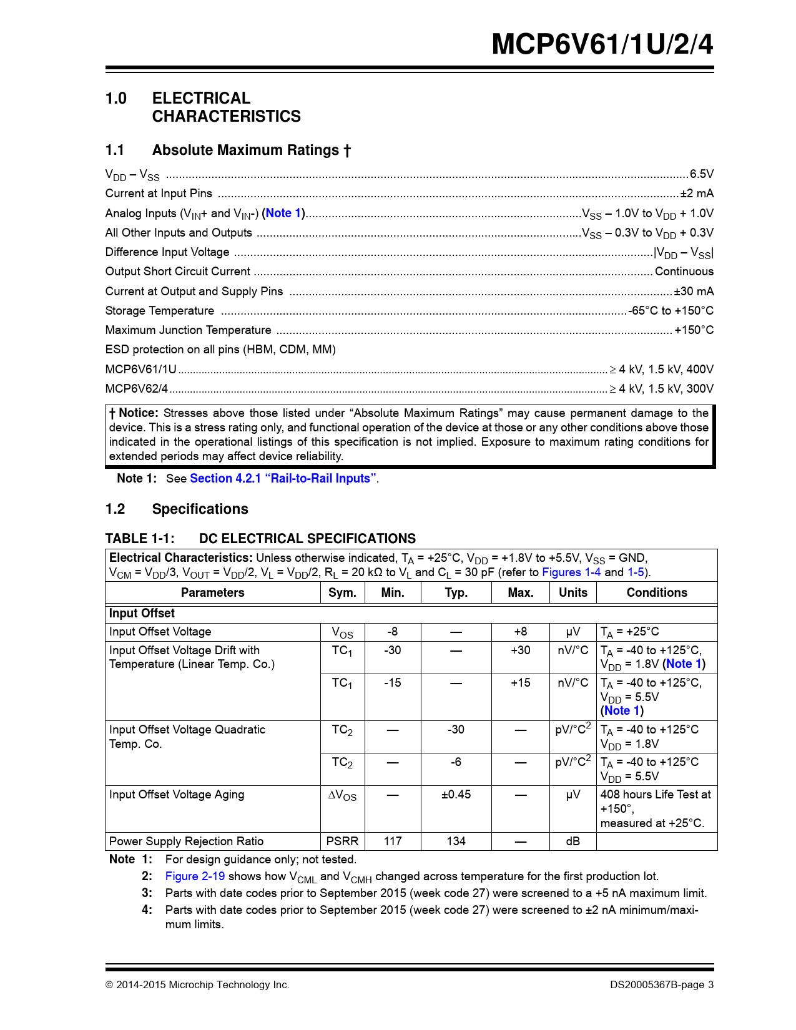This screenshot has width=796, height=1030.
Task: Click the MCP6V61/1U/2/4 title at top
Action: [602, 44]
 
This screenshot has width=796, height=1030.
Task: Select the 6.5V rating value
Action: [701, 174]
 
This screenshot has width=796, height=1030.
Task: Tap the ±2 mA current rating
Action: [697, 194]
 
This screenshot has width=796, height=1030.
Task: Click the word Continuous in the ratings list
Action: [684, 272]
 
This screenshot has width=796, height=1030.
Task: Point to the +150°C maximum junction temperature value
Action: [694, 330]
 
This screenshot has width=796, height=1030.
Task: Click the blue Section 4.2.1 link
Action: [283, 479]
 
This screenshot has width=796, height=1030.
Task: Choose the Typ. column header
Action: [456, 593]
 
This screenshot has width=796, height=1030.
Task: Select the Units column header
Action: [572, 593]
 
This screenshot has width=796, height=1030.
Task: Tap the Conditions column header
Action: [656, 593]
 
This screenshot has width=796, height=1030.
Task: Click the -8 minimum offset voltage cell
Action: [392, 632]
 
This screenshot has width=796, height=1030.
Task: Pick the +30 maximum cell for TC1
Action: [520, 650]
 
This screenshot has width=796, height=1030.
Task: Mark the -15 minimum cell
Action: [392, 683]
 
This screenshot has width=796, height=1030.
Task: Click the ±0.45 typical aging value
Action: [456, 795]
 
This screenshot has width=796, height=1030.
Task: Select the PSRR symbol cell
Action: [342, 841]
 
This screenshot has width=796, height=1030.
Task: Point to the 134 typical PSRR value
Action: [456, 841]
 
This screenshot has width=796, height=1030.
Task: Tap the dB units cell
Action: [572, 841]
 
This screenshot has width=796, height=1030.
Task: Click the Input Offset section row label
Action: [142, 614]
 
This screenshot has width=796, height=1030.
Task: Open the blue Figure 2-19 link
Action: [195, 876]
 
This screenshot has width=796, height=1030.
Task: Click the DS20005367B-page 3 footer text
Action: [662, 985]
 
